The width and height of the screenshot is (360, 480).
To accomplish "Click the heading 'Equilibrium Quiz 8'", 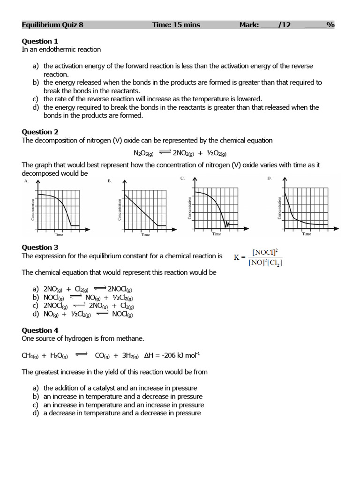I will (52, 25).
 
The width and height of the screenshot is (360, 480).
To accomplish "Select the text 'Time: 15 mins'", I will (176, 25).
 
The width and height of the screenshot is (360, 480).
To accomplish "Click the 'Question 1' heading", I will (40, 41).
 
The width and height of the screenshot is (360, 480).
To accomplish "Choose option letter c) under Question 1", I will (36, 99).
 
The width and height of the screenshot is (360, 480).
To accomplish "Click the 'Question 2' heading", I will (40, 132).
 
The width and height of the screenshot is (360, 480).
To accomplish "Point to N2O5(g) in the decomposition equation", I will (143, 153).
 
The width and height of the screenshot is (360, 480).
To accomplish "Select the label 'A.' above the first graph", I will (26, 180).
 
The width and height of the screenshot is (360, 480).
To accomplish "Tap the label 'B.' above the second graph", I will (110, 180).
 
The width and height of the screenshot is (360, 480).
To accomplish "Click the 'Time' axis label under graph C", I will (216, 234).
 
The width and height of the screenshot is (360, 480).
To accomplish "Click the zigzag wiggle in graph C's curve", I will (227, 225).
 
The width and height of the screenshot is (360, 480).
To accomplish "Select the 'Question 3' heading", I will (40, 247).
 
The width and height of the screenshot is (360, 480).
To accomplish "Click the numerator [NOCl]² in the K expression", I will (265, 252).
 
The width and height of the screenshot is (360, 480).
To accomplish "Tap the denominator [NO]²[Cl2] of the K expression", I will (265, 262).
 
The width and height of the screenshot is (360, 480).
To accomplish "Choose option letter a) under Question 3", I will (36, 289).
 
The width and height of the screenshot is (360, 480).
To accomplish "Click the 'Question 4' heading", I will (40, 330).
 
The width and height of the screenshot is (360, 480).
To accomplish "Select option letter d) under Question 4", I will (36, 413).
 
